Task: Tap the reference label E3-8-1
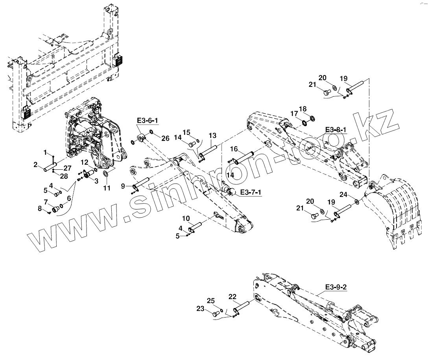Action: click(335, 130)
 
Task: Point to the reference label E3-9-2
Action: click(336, 287)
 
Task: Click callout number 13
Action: click(212, 136)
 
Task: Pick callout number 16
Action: click(234, 149)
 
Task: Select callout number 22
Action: click(232, 296)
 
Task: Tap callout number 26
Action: click(165, 138)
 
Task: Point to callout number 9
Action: click(123, 186)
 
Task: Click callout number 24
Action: click(343, 195)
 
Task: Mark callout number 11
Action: click(107, 189)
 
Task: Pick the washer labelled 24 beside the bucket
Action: click(356, 202)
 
